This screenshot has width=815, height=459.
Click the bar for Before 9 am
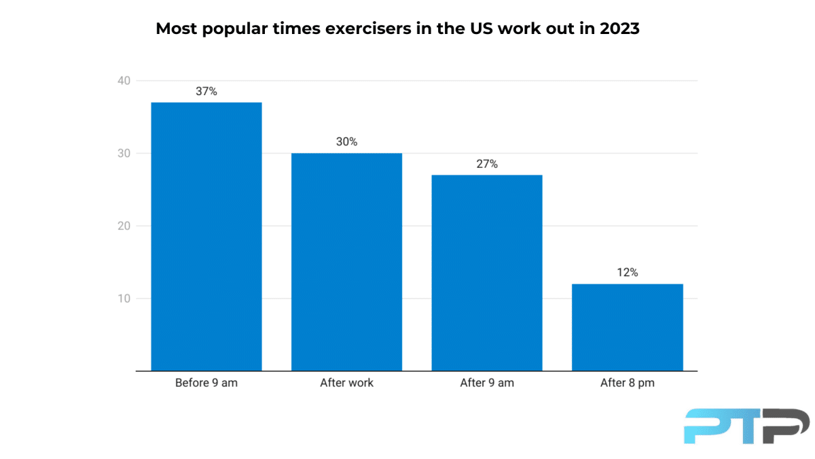coord(206,236)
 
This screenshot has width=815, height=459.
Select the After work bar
coord(346,262)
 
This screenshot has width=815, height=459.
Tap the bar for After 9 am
coord(487,273)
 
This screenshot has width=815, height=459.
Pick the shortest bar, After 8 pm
coord(627,327)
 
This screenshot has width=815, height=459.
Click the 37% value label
coord(206,91)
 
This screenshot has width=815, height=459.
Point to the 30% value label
coord(346,142)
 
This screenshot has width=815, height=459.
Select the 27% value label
coord(487,164)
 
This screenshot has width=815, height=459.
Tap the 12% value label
coord(627,273)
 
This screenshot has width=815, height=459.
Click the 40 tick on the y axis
coord(124,81)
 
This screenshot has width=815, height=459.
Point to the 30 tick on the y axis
coord(124,154)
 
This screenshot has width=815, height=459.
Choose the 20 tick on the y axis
coord(124,226)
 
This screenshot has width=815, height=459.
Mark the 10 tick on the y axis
coord(124,299)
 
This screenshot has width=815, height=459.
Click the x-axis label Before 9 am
coord(206,383)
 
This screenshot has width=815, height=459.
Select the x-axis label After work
coord(346,383)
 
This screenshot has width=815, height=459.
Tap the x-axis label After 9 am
coord(487,383)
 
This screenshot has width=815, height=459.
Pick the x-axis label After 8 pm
coord(627,383)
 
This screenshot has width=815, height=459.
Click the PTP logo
coord(746,426)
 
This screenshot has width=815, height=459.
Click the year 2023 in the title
coord(619,29)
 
